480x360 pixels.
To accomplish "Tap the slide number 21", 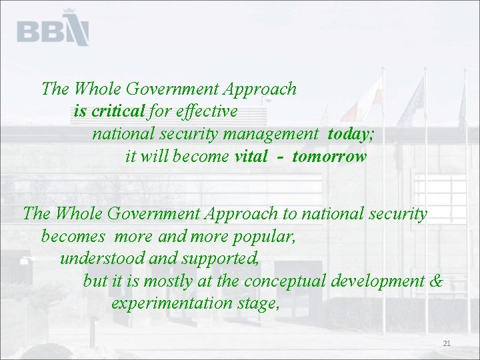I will click(x=447, y=344).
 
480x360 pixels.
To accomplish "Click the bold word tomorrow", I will click(x=329, y=157).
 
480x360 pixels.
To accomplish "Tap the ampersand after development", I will click(x=436, y=281).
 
